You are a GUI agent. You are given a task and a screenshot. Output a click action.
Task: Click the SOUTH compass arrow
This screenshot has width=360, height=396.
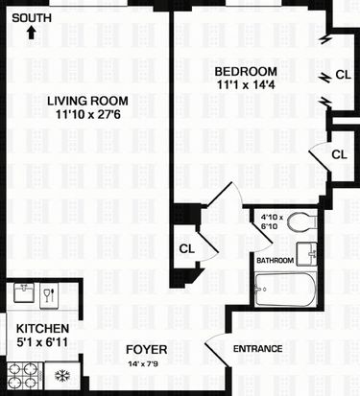pos(31,33)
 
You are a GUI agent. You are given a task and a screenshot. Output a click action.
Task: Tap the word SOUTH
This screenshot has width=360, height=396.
pos(32,18)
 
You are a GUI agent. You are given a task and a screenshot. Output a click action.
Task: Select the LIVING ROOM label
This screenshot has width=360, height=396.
pos(87,101)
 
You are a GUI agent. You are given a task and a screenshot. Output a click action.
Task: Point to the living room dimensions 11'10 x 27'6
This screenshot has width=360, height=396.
pos(88,114)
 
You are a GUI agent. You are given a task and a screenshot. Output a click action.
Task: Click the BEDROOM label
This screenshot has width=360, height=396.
pos(246,71)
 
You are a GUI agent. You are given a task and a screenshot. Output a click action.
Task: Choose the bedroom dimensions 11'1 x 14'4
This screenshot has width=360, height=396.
pos(246,84)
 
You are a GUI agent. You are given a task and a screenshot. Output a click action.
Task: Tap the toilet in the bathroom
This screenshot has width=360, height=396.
pos(302,221)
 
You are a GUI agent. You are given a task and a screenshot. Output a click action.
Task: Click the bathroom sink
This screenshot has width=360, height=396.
pos(306,254)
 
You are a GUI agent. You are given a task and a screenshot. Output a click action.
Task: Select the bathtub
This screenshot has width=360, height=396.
pos(286,290)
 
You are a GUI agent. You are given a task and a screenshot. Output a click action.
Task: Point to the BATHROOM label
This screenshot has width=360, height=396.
pos(275,261)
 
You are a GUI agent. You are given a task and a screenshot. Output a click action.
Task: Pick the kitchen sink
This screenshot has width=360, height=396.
pos(24,292)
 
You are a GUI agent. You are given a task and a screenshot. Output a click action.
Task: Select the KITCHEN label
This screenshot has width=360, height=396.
pos(42,329)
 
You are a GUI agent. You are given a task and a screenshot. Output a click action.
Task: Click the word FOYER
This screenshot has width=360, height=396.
pos(147,350)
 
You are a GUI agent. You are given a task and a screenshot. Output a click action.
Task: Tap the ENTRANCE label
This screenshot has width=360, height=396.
pos(258,349)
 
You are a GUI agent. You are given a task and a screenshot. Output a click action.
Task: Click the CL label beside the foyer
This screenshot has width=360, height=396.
pos(187,248)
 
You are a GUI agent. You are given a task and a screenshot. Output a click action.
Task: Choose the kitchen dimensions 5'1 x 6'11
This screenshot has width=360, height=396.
pos(42,342)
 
